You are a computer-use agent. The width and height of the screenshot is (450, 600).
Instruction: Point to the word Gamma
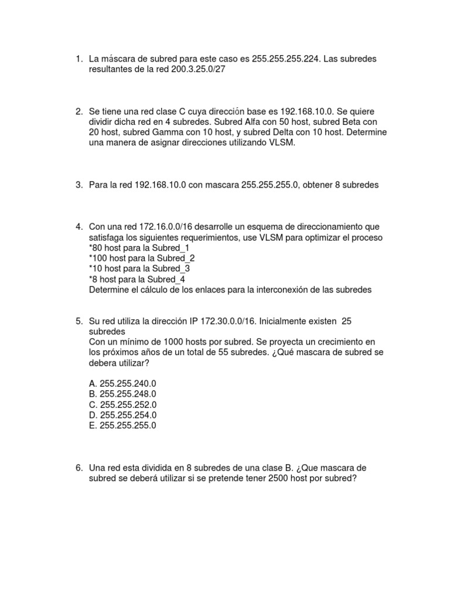155,132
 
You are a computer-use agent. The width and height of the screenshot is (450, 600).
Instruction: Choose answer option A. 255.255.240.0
123,383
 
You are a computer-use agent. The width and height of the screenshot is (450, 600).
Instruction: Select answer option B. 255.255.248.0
123,394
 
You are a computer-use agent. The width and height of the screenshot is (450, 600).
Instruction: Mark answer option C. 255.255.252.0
123,404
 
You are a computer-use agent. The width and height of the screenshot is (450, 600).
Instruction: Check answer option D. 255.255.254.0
123,415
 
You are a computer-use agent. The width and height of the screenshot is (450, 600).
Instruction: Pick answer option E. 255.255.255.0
123,425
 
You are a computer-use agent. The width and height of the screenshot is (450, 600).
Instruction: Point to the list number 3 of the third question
78,185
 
